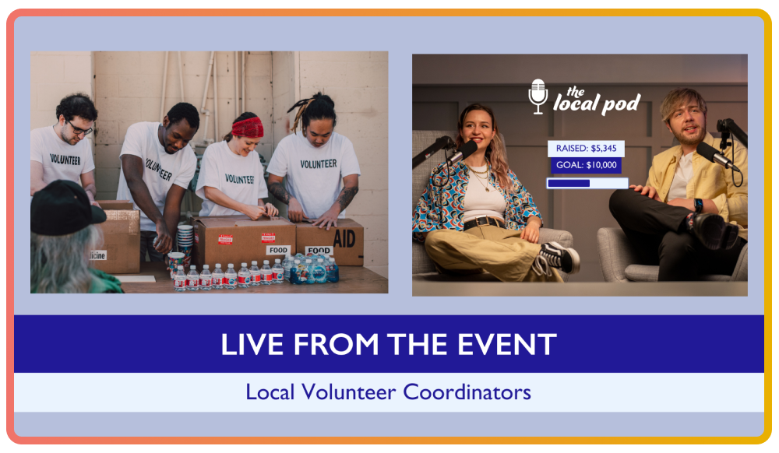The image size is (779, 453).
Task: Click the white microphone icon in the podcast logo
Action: click(x=538, y=97)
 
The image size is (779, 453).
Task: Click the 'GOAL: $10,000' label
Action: click(x=586, y=165)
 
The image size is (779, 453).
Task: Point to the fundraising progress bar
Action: click(x=587, y=184)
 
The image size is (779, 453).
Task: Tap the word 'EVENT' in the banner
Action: click(x=516, y=345)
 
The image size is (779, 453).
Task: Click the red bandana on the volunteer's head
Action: click(x=247, y=126)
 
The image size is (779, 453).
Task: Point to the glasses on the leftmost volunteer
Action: click(x=79, y=128)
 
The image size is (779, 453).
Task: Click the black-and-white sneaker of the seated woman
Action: click(x=559, y=258)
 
